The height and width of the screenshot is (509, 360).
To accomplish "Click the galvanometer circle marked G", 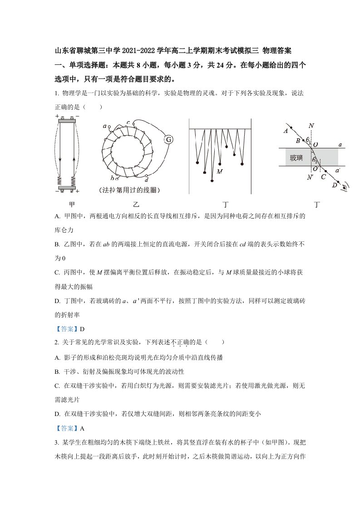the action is pyautogui.click(x=168, y=140).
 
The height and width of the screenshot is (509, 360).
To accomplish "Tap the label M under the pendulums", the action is pyautogui.click(x=220, y=171).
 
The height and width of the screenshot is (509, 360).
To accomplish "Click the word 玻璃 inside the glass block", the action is pyautogui.click(x=296, y=158).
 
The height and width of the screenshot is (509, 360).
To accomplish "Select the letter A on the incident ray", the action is pyautogui.click(x=286, y=131).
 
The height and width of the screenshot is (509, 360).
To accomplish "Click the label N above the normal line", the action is pyautogui.click(x=311, y=126).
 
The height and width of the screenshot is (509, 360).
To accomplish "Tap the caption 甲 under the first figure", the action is pyautogui.click(x=72, y=204).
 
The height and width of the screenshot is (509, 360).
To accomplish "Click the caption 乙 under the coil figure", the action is pyautogui.click(x=136, y=204).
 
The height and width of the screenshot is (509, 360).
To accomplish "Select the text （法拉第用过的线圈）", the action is pyautogui.click(x=129, y=190).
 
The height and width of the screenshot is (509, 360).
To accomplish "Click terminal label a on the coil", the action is pyautogui.click(x=104, y=126).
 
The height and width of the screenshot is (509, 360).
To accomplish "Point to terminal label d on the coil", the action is pyautogui.click(x=147, y=179).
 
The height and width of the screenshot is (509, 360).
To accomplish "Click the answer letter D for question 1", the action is pyautogui.click(x=82, y=329).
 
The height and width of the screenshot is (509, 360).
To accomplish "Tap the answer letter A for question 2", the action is pyautogui.click(x=82, y=429).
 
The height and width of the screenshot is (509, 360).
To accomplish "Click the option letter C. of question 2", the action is pyautogui.click(x=58, y=386).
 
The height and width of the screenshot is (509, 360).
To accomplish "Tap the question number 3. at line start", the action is pyautogui.click(x=57, y=442).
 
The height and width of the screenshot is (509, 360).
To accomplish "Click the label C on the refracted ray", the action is pyautogui.click(x=323, y=177).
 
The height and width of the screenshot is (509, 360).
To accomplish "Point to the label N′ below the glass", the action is pyautogui.click(x=310, y=177).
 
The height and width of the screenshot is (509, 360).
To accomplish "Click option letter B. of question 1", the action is pyautogui.click(x=58, y=245).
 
